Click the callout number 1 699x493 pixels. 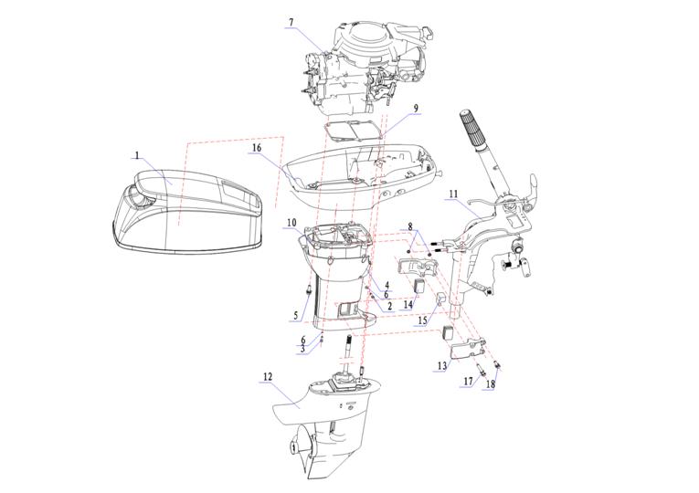click(137, 156)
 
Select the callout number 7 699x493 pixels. click(291, 23)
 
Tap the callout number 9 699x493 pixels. click(416, 109)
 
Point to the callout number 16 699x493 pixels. click(257, 147)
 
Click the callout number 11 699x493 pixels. click(453, 194)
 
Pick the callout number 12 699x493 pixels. click(267, 376)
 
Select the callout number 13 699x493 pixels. click(441, 365)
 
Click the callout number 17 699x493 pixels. click(468, 381)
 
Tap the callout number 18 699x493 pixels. click(491, 384)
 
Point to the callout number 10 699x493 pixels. click(291, 223)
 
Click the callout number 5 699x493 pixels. click(295, 316)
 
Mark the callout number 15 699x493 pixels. click(422, 321)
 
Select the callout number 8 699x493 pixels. click(410, 226)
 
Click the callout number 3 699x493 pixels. click(302, 349)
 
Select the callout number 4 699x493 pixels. click(387, 285)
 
